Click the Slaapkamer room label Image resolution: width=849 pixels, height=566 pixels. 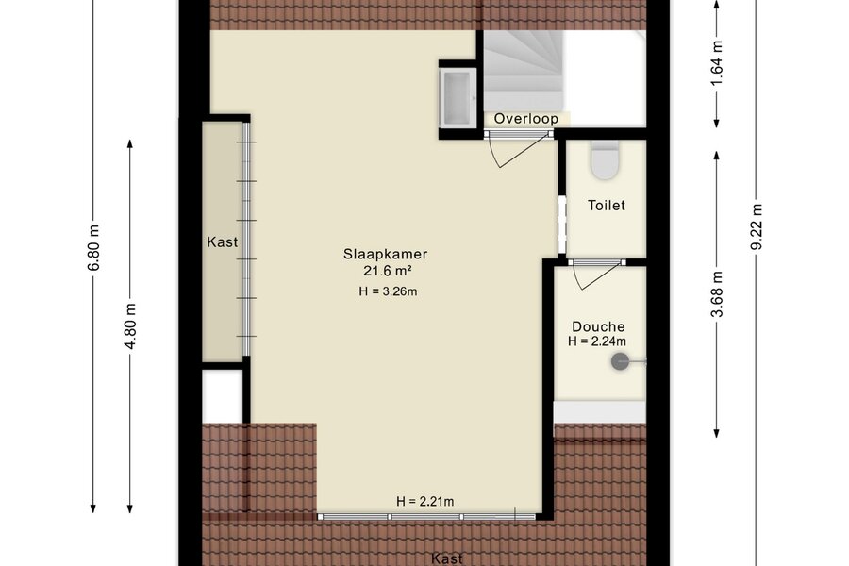[385, 254]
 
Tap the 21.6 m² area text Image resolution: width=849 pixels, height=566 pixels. [387, 271]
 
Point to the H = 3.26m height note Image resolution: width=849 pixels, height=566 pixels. [388, 291]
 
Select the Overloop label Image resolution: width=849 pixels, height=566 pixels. [525, 119]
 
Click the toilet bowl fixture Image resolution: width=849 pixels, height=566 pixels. [605, 160]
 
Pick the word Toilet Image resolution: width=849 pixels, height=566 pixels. [607, 206]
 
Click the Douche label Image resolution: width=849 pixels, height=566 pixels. [598, 326]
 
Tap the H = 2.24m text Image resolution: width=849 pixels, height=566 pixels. [597, 341]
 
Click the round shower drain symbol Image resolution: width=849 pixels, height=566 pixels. [620, 361]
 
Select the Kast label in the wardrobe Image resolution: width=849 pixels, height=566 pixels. [222, 242]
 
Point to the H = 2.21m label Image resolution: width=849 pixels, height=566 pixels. [425, 502]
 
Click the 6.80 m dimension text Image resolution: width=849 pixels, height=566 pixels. [93, 247]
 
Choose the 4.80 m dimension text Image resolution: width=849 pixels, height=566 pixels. [130, 325]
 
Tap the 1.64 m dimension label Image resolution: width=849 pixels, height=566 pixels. [717, 63]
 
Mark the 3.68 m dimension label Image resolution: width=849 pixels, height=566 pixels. [717, 294]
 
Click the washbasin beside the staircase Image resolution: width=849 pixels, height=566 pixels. [458, 98]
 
